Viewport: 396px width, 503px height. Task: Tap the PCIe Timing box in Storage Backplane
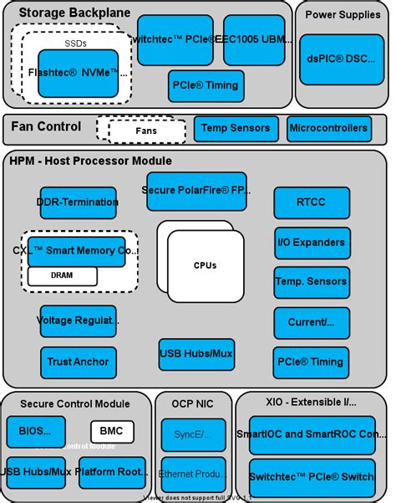(x=206, y=85)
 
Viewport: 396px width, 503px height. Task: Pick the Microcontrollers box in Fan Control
(x=328, y=128)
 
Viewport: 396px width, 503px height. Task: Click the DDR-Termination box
(x=78, y=203)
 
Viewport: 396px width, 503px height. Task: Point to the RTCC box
(x=312, y=202)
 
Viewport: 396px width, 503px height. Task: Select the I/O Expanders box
(x=312, y=243)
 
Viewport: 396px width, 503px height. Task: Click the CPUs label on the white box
(x=205, y=265)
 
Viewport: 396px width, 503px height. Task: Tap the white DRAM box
(x=63, y=275)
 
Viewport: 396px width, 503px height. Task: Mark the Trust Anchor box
(x=78, y=362)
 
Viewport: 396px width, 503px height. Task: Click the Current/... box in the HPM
(x=312, y=322)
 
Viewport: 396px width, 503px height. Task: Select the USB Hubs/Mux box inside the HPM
(x=196, y=354)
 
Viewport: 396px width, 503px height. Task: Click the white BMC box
(x=112, y=432)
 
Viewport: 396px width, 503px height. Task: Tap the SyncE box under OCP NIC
(x=193, y=434)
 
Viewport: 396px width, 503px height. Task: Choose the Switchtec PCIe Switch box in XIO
(x=312, y=476)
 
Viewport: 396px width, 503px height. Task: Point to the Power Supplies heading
(x=341, y=14)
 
